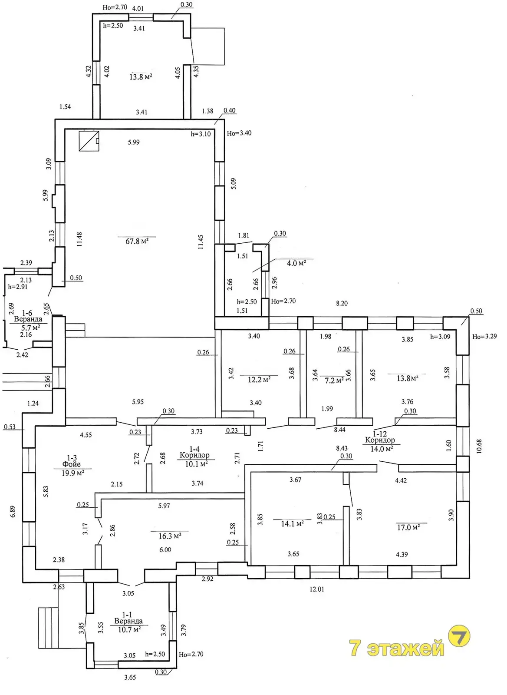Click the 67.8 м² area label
[137, 241]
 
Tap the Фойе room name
[71, 464]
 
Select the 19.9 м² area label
[73, 473]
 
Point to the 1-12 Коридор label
[380, 437]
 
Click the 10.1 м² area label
[196, 464]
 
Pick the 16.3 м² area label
[170, 536]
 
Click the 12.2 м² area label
[259, 380]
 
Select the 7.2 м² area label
[334, 381]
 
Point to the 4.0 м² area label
[296, 263]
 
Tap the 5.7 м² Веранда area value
[30, 328]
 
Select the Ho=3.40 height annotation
[239, 133]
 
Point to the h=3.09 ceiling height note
[440, 337]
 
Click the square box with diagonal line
[89, 141]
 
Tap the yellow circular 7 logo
[459, 636]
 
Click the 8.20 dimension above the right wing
[342, 303]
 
